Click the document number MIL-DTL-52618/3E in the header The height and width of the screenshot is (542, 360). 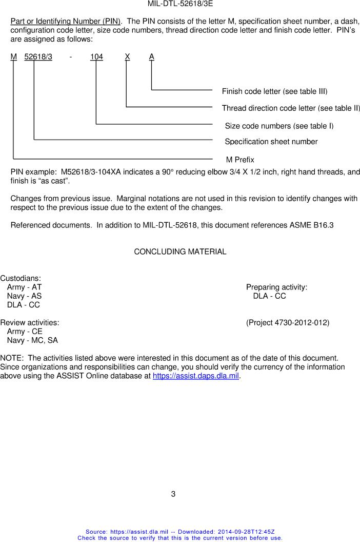[x=180, y=4]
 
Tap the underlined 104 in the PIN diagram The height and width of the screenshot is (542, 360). [x=96, y=57]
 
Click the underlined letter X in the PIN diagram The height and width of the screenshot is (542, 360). [x=127, y=57]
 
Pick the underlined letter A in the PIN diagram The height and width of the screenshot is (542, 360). [x=152, y=57]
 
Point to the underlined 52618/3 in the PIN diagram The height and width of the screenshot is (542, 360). [x=38, y=57]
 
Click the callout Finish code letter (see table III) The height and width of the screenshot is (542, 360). [x=274, y=91]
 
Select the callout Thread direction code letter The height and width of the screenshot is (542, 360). [x=291, y=108]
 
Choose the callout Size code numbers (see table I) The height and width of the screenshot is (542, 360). [x=279, y=126]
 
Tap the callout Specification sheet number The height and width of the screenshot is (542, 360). [x=271, y=142]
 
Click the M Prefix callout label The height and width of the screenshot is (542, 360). [x=240, y=160]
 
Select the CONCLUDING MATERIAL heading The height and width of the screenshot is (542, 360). [x=180, y=251]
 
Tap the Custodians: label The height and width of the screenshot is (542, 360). [x=21, y=278]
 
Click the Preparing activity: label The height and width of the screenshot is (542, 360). [x=276, y=287]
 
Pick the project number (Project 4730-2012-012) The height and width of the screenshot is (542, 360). [x=288, y=322]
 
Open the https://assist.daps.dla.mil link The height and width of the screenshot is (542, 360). [x=196, y=376]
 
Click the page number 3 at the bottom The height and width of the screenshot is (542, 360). [x=173, y=494]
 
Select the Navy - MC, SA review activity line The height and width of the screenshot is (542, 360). [x=32, y=340]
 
